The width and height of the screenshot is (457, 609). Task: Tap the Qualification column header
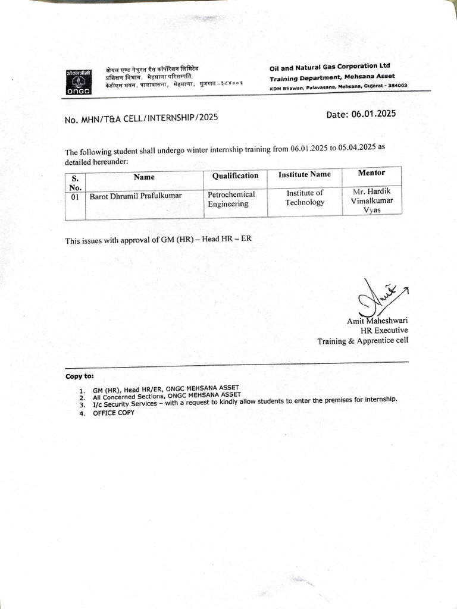(x=235, y=175)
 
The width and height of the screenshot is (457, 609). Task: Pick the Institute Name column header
(x=304, y=174)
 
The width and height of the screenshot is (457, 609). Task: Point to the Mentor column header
(x=371, y=172)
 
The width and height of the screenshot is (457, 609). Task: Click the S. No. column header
(x=75, y=181)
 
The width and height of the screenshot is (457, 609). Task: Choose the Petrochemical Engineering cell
(x=231, y=199)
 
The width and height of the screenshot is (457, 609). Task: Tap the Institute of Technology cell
(x=305, y=197)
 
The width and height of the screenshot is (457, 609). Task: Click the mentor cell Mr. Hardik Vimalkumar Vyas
(x=372, y=201)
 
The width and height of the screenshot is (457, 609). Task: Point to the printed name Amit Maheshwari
(x=377, y=321)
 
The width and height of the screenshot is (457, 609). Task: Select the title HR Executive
(x=384, y=331)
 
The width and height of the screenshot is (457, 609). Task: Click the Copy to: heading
(x=79, y=376)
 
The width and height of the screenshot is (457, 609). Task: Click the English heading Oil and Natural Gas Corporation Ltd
(x=330, y=67)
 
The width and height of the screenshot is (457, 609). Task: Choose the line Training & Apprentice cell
(x=362, y=341)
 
